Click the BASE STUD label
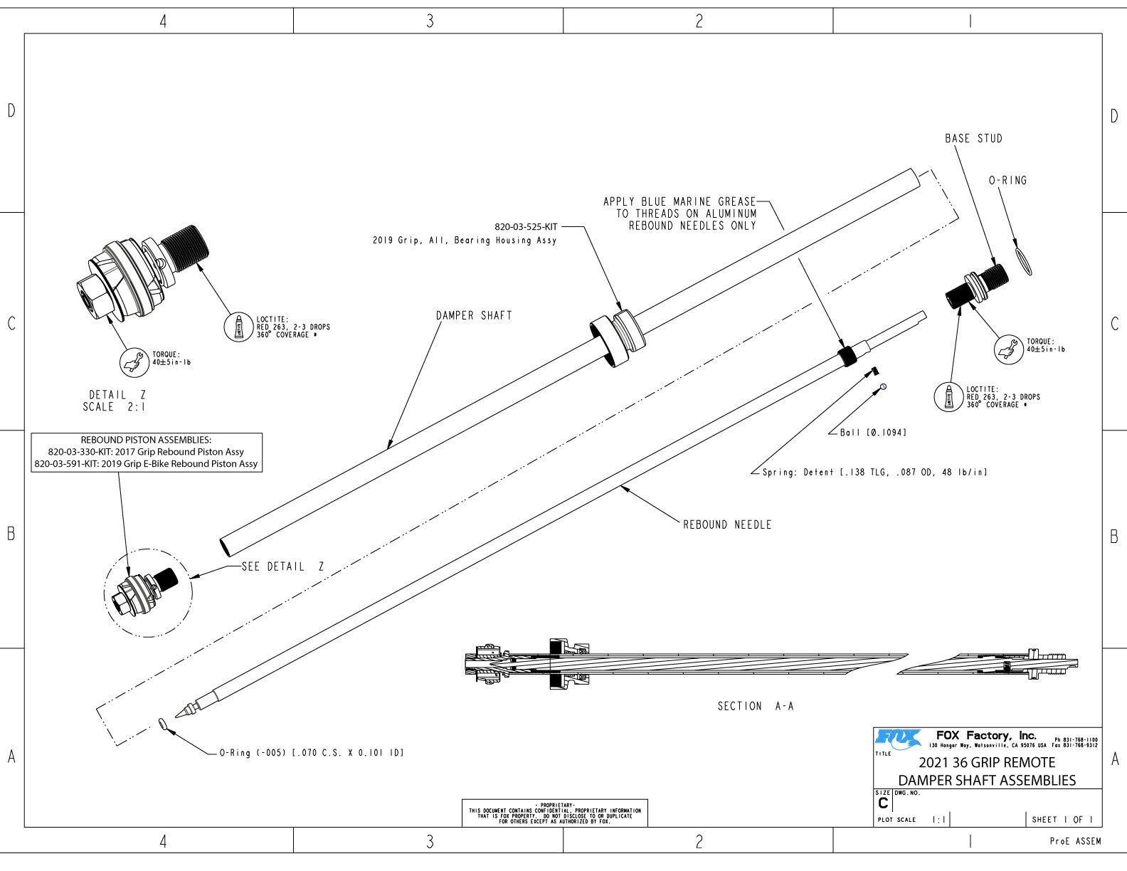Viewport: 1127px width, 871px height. click(x=973, y=139)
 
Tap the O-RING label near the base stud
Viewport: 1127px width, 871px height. click(x=1007, y=181)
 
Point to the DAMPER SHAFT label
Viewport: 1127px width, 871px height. click(x=474, y=315)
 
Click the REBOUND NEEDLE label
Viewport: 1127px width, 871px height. click(x=727, y=524)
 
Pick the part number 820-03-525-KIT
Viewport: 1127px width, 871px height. click(x=526, y=227)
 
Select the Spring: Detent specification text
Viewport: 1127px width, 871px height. click(x=874, y=472)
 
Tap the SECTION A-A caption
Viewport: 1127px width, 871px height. click(x=755, y=706)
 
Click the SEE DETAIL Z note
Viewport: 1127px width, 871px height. click(x=282, y=566)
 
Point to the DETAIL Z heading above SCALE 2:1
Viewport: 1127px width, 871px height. click(x=117, y=394)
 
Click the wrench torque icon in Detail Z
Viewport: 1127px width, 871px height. click(x=133, y=361)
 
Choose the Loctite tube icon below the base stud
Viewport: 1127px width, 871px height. click(x=948, y=396)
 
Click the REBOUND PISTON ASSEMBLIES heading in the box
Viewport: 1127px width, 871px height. click(x=146, y=440)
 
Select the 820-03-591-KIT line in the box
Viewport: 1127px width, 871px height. click(x=146, y=463)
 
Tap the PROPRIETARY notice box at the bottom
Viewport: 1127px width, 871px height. click(x=554, y=813)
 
